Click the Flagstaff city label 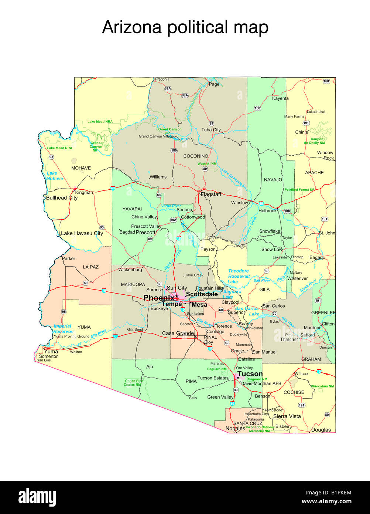tap(211, 194)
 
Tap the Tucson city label tap(250, 374)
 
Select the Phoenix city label tap(158, 298)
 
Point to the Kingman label tap(84, 192)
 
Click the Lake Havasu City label tap(82, 233)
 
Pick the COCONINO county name tap(196, 156)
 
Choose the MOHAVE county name tap(81, 168)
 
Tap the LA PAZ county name tap(90, 267)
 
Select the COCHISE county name tap(294, 392)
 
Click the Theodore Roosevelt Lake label tap(239, 276)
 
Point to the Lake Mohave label tap(54, 176)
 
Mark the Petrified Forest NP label tap(299, 190)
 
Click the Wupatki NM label tap(207, 163)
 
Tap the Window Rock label tap(325, 155)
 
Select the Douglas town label tap(321, 430)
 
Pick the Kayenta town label tap(280, 98)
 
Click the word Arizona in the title tap(132, 27)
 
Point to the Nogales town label tap(235, 429)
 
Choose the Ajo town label tap(149, 367)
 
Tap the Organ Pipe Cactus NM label tap(134, 383)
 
